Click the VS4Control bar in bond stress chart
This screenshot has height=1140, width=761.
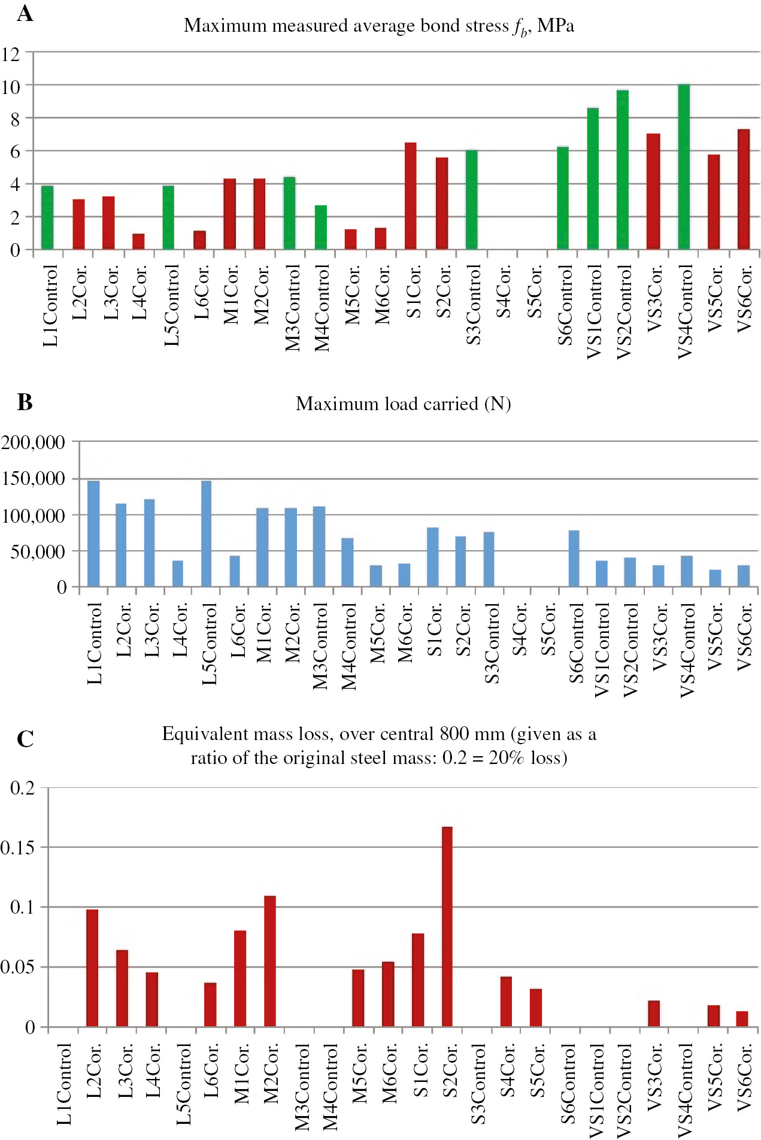click(684, 167)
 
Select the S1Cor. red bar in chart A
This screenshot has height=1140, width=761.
click(411, 196)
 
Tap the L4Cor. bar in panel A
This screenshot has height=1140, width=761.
click(138, 241)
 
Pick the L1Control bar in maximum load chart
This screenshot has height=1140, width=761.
click(93, 533)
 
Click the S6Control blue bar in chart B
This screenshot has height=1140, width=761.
click(574, 559)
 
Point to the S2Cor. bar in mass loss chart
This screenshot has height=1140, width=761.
click(447, 927)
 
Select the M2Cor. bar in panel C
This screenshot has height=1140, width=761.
click(270, 961)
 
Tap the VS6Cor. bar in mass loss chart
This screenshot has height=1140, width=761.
click(742, 1019)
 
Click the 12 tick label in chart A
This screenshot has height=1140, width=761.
click(11, 54)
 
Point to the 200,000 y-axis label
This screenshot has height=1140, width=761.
click(33, 442)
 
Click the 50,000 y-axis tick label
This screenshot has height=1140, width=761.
click(38, 551)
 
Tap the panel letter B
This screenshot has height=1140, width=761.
click(25, 402)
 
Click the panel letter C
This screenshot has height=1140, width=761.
click(25, 739)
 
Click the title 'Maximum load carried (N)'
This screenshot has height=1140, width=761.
click(403, 404)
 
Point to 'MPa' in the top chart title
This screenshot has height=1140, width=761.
click(556, 26)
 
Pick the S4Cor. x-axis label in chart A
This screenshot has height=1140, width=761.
click(504, 292)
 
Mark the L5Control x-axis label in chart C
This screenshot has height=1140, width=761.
click(184, 1084)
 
